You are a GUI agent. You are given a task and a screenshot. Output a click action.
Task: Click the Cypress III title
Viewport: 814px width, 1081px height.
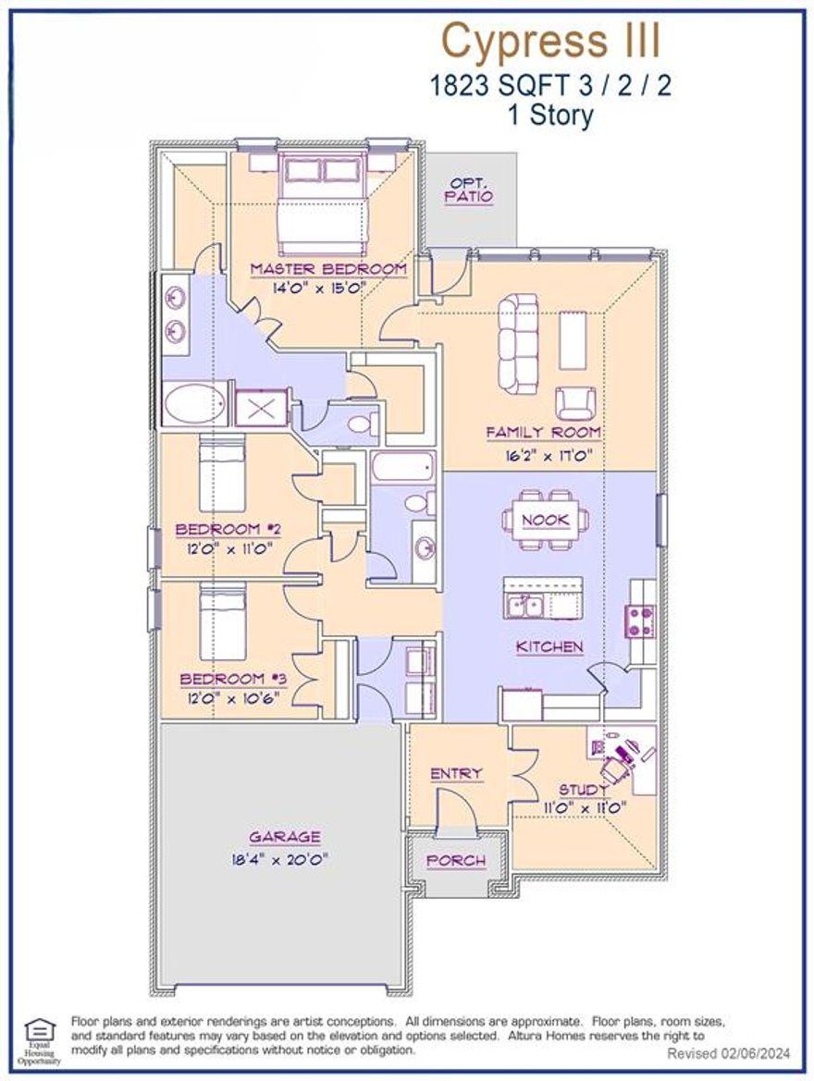pyautogui.click(x=551, y=41)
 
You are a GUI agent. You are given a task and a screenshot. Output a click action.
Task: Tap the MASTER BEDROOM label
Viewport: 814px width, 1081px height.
pyautogui.click(x=328, y=269)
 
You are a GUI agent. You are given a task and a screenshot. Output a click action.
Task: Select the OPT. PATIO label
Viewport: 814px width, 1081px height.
pyautogui.click(x=469, y=190)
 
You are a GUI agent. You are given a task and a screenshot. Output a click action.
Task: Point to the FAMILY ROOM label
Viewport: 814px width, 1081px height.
pyautogui.click(x=544, y=432)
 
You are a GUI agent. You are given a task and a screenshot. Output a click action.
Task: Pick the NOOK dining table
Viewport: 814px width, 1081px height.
pyautogui.click(x=546, y=521)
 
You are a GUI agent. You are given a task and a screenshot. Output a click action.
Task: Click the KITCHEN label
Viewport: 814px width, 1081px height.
pyautogui.click(x=549, y=647)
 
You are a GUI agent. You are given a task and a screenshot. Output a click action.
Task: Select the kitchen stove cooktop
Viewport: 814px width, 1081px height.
pyautogui.click(x=641, y=621)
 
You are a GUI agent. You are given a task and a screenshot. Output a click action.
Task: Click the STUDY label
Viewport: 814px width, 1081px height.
pyautogui.click(x=584, y=790)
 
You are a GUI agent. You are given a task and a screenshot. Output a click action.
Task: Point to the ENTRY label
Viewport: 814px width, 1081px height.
pyautogui.click(x=456, y=773)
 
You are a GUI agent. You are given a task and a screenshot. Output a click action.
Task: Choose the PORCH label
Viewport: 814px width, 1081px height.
pyautogui.click(x=456, y=861)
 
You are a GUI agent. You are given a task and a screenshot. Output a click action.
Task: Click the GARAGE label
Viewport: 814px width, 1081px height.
pyautogui.click(x=285, y=837)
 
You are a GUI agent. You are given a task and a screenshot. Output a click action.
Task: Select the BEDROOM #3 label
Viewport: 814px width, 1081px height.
pyautogui.click(x=234, y=679)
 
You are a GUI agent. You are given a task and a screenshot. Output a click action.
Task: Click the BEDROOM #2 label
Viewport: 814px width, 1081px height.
pyautogui.click(x=228, y=530)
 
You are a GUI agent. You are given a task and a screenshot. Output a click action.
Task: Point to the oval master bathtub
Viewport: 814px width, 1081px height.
pyautogui.click(x=193, y=404)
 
